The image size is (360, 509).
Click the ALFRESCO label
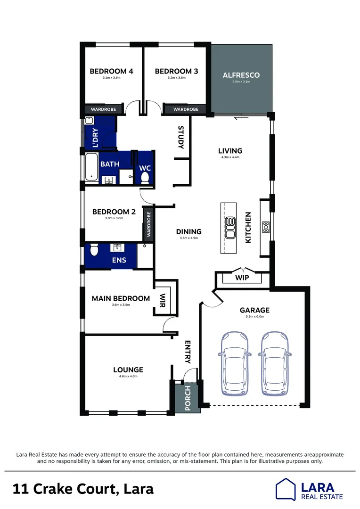pos(241,75)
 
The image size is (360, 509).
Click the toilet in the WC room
pos(145,177)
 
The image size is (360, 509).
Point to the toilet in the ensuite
pos(94,250)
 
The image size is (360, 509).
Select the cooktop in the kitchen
pos(266,228)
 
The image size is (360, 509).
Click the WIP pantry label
pos(242,278)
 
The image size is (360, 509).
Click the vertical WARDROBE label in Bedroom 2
pos(148,224)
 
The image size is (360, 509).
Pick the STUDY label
pos(180,137)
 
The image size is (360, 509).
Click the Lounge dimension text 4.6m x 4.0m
pos(128,377)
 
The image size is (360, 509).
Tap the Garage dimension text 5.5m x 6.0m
pos(254,317)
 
